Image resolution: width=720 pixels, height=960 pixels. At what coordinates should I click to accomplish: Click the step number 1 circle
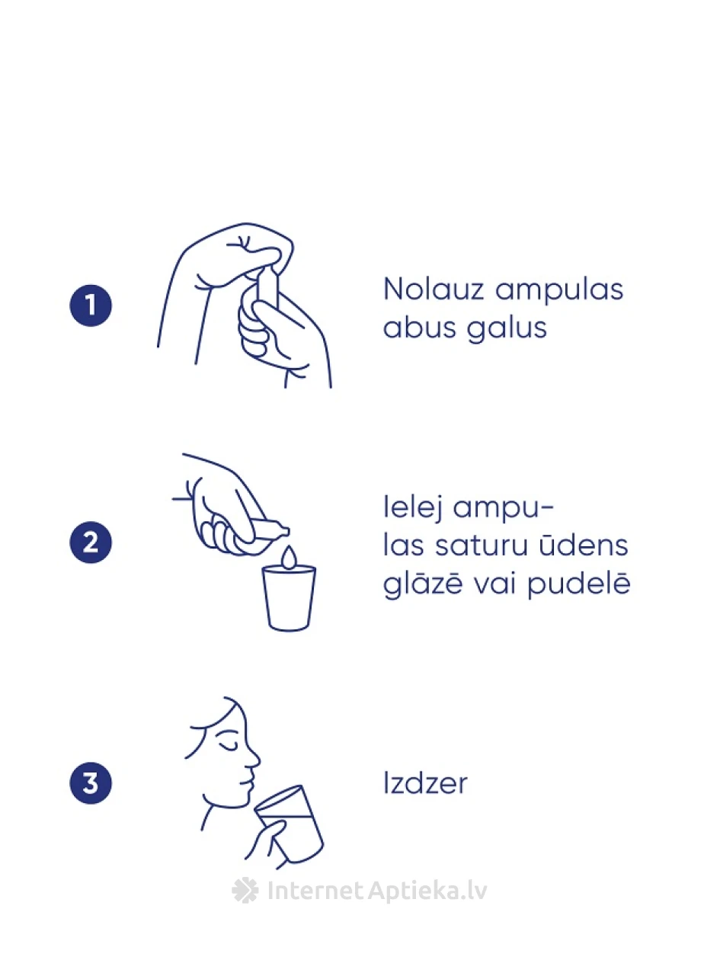[91, 306]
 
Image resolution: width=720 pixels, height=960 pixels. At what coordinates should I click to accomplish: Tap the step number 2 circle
[91, 542]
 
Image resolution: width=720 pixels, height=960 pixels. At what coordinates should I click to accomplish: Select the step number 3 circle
[91, 783]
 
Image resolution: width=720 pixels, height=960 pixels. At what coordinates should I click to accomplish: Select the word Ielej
[413, 507]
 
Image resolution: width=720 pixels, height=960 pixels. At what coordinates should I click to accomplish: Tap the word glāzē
[423, 584]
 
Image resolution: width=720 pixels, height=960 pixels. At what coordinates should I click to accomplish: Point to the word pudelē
[579, 584]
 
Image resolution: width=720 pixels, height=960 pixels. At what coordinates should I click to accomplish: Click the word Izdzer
[425, 783]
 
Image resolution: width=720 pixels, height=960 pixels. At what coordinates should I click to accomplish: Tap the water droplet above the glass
[289, 558]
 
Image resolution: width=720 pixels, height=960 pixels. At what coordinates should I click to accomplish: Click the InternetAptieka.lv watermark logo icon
[245, 890]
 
